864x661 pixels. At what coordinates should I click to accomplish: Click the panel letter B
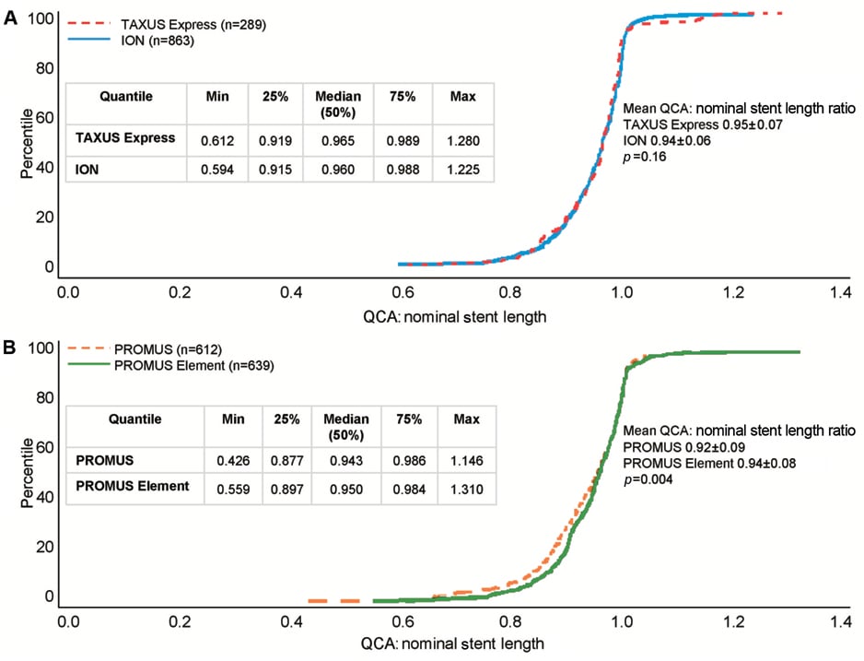point(10,349)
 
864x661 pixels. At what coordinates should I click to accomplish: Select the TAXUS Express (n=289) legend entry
point(175,25)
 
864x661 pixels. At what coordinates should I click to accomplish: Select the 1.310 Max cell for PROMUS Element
point(467,486)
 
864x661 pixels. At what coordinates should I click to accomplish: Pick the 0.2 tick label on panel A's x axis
point(178,293)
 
